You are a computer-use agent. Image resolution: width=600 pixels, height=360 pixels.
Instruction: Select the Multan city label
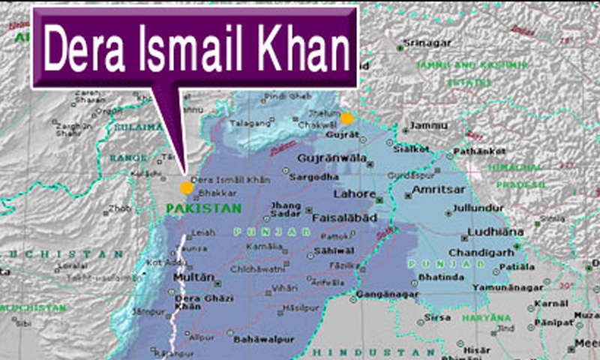(188, 277)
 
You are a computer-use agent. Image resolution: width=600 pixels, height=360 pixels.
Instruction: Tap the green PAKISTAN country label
(204, 208)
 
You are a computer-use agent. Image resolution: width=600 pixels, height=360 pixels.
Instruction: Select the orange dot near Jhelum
(346, 118)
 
